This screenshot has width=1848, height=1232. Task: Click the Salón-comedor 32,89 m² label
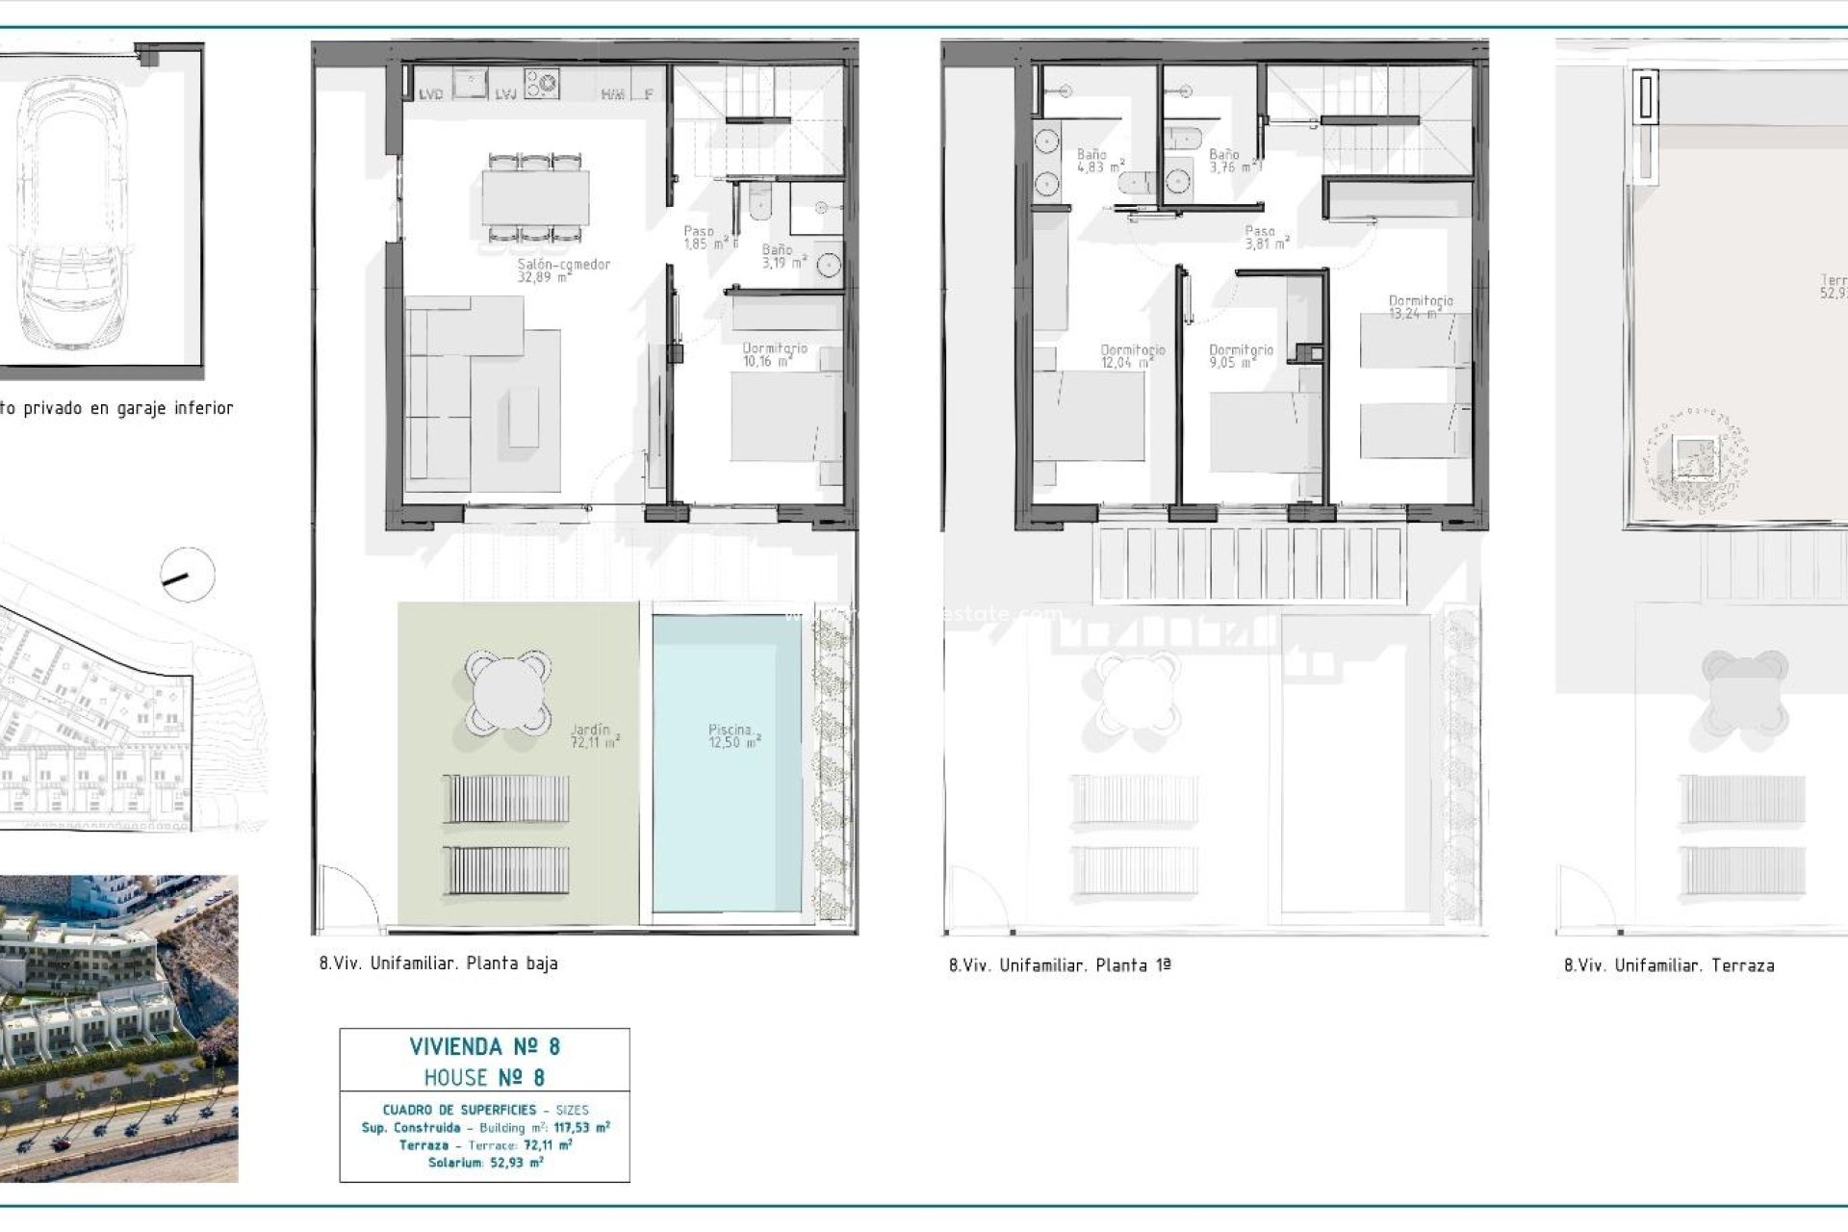(x=563, y=270)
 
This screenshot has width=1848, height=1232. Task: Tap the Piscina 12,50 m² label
(x=733, y=736)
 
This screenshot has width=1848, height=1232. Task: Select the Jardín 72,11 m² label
(x=594, y=736)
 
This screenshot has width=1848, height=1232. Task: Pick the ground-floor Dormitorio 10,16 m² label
(x=774, y=354)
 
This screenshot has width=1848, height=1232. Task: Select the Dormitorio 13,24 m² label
(x=1420, y=307)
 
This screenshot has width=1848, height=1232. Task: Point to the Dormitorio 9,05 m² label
(x=1240, y=356)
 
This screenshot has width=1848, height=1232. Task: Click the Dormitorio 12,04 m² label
(x=1131, y=356)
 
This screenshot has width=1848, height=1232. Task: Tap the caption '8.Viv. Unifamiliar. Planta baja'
(x=439, y=963)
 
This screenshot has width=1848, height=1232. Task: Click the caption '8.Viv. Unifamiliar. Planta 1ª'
(x=1060, y=965)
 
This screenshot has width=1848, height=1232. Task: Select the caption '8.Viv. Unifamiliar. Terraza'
(x=1669, y=965)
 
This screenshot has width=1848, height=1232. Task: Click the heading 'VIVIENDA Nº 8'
(x=484, y=1046)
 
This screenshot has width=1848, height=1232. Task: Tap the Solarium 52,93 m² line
(x=485, y=1163)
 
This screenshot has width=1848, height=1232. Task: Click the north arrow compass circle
(x=187, y=576)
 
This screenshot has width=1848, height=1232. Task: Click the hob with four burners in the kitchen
(x=541, y=83)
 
